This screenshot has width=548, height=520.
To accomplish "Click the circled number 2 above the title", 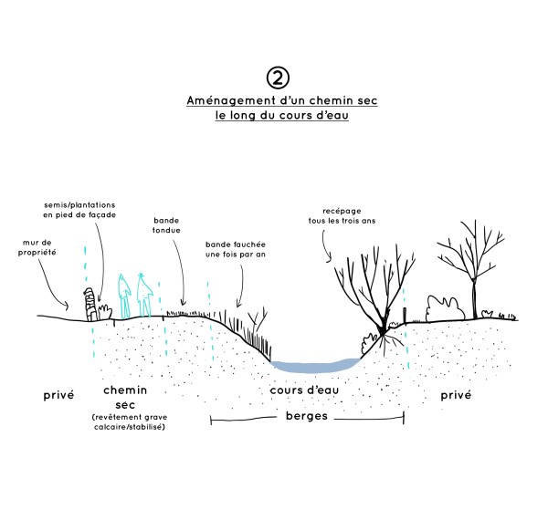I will tap(272, 76).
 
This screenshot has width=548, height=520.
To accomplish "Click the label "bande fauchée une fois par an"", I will tap(236, 251).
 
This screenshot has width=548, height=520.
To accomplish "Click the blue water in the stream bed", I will tap(315, 364).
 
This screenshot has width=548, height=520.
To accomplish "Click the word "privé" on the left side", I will tap(59, 396).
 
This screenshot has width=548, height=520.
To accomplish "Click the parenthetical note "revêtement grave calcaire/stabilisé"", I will tap(129, 421).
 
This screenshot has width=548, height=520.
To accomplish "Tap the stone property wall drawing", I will tap(90, 304).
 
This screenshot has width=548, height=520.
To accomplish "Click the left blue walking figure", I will tap(125, 294).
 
